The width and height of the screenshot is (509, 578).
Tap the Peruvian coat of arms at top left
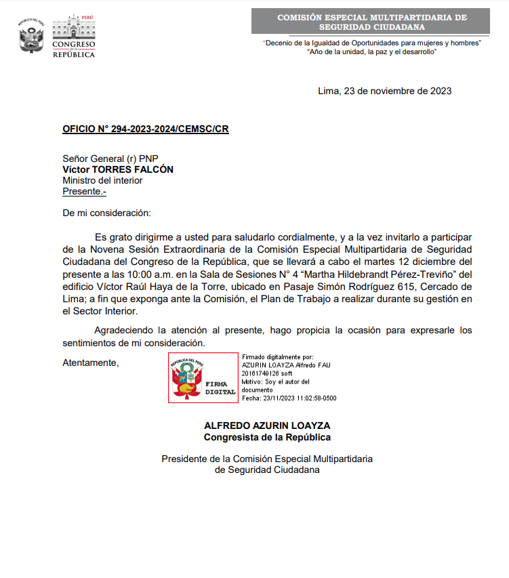pos(31,37)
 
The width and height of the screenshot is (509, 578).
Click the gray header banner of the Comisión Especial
pos(371,22)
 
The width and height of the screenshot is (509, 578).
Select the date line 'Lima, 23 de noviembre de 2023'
pos(384,91)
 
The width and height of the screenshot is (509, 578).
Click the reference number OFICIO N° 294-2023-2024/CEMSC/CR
pos(146,129)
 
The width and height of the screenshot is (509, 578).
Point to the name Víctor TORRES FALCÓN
pos(118,169)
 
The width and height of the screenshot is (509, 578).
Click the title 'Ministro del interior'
pos(102,180)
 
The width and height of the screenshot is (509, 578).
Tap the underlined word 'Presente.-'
pos(85,191)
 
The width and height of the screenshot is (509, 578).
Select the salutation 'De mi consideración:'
pos(106,213)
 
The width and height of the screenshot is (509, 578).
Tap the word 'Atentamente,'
pos(91,363)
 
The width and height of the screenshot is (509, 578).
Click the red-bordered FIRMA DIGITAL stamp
pos(203,378)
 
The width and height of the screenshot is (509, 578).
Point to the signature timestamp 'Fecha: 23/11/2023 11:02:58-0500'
pos(289,398)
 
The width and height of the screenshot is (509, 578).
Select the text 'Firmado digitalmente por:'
pos(278,356)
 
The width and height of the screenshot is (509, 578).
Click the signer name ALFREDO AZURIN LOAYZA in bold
pos(267,426)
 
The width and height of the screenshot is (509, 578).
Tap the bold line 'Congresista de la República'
pos(267,437)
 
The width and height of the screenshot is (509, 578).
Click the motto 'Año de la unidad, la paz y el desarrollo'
pos(371,52)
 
